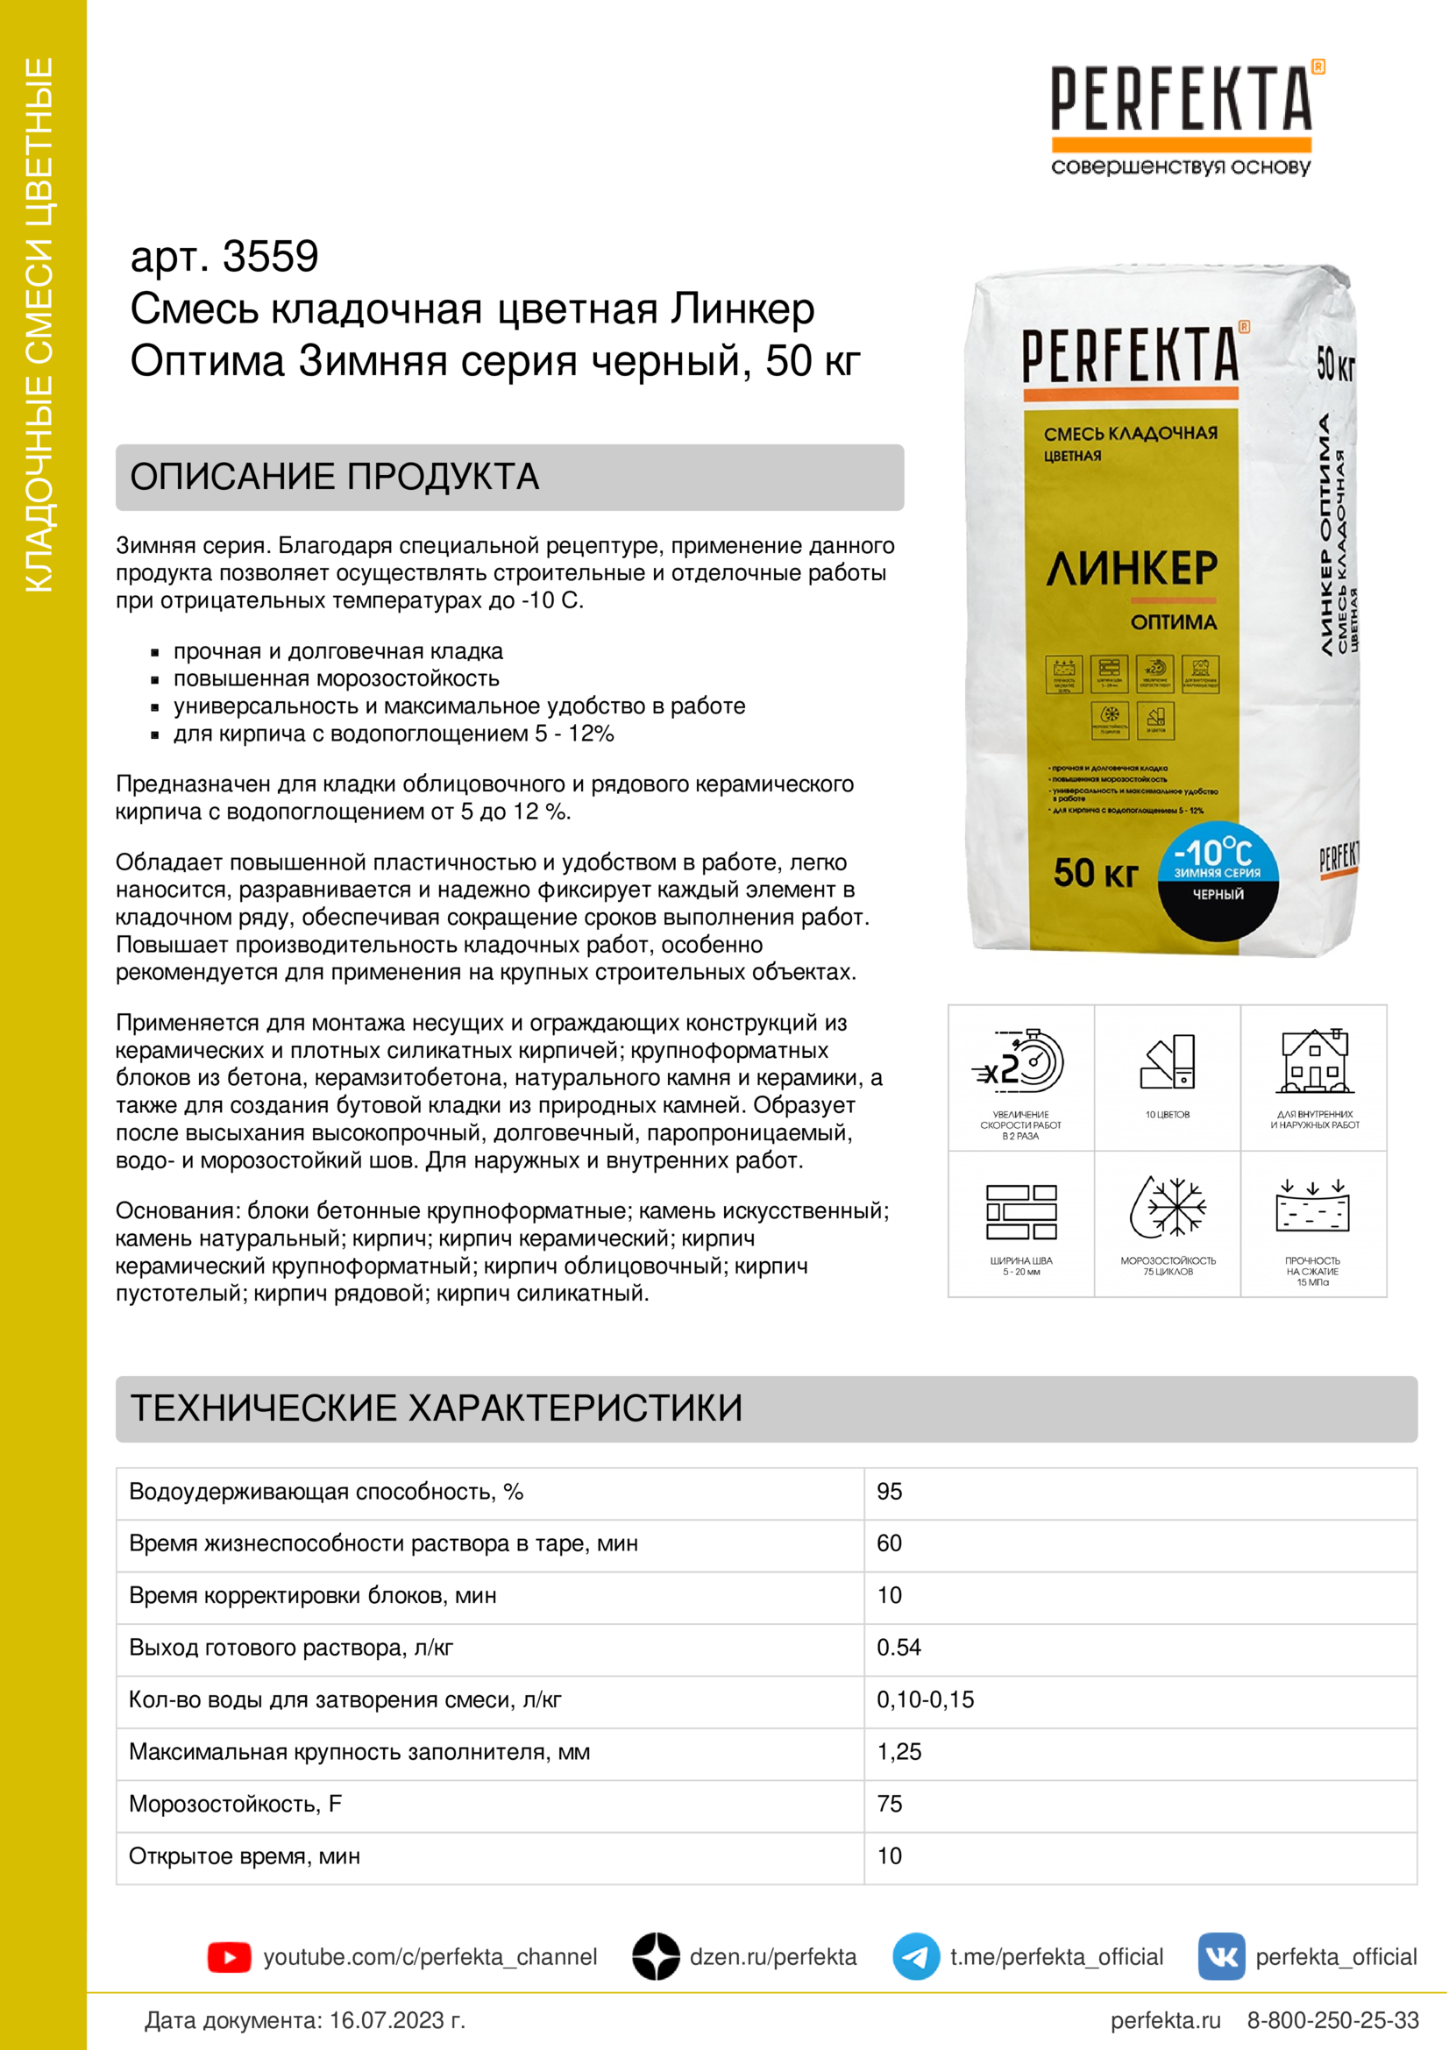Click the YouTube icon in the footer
(229, 1957)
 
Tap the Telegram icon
(915, 1957)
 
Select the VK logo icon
(1220, 1957)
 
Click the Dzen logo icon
(656, 1957)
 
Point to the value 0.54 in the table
(899, 1648)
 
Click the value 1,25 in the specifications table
(899, 1752)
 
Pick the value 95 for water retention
(889, 1491)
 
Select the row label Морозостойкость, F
(235, 1804)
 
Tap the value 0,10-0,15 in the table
(925, 1699)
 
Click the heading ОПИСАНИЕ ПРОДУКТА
(335, 477)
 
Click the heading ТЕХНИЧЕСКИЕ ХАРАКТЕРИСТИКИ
(437, 1408)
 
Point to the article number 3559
(270, 257)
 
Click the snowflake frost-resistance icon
(1168, 1207)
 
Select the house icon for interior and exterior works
(1314, 1061)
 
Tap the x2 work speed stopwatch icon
(1019, 1062)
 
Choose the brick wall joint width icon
(1020, 1211)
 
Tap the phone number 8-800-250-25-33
(1332, 2020)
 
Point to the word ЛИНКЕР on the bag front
(1131, 569)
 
